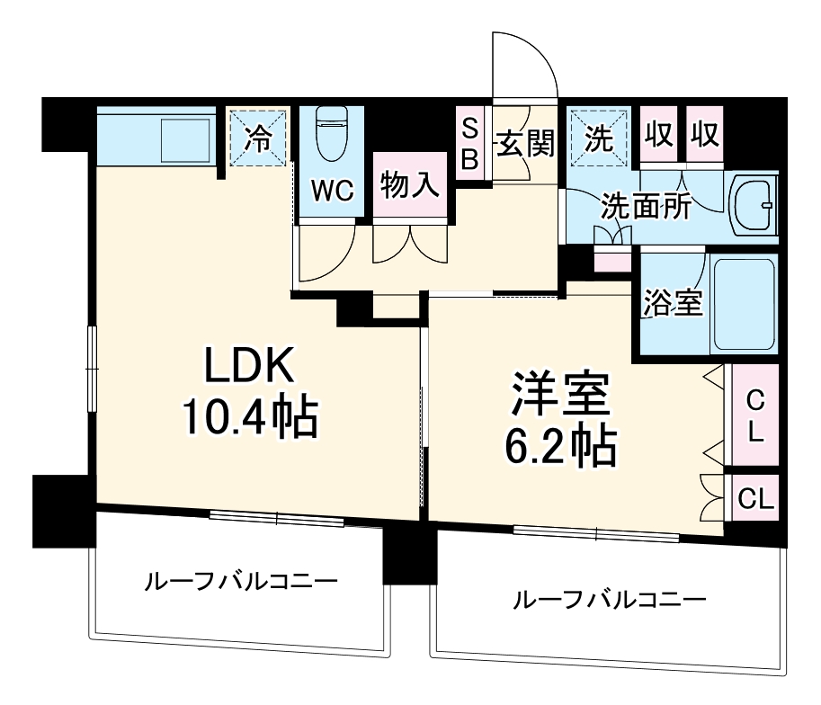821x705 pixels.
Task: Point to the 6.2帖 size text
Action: [x=563, y=444]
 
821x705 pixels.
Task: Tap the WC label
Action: [x=334, y=190]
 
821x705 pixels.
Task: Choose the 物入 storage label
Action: [x=410, y=185]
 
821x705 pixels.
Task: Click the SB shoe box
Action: [x=470, y=143]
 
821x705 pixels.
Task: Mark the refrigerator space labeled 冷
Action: [x=258, y=138]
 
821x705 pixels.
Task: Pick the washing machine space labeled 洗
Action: [x=598, y=138]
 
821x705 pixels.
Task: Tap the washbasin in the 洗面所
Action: [x=753, y=204]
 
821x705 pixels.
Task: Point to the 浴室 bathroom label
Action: [x=672, y=303]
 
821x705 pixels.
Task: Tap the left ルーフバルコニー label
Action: [x=242, y=581]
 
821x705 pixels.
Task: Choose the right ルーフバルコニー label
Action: [x=609, y=599]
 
